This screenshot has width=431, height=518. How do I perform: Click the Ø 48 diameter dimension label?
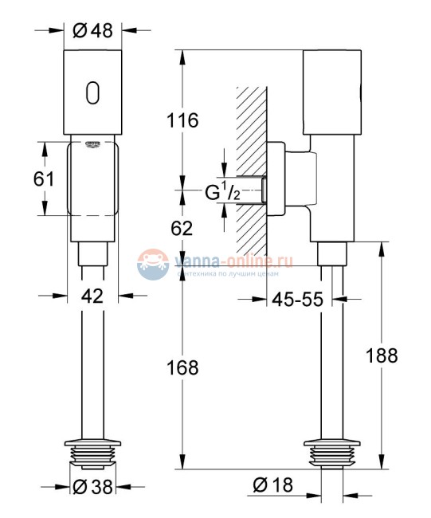(x=92, y=31)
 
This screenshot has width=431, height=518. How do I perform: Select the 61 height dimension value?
(x=44, y=179)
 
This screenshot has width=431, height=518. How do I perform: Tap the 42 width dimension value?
(x=93, y=296)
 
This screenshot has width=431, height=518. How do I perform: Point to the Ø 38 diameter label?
(x=92, y=489)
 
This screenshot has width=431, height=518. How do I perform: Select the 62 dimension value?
(x=182, y=229)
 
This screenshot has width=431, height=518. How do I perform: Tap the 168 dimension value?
(x=182, y=367)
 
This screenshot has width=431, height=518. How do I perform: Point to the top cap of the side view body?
(x=331, y=89)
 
